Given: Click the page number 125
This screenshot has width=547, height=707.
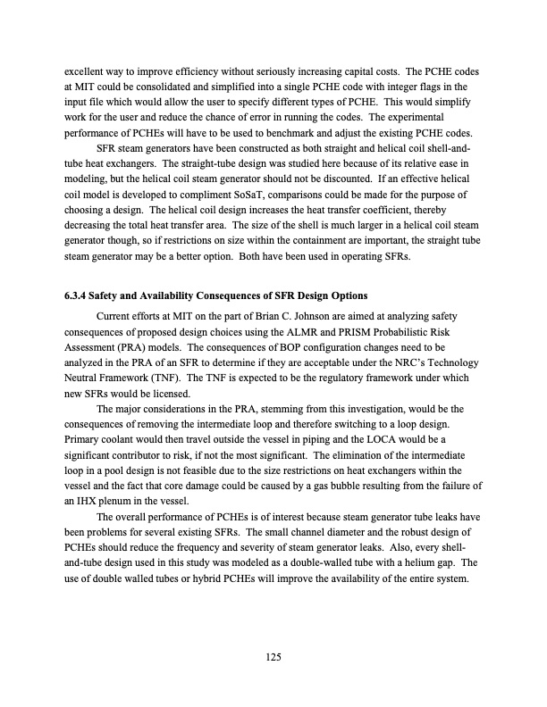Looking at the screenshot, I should (x=273, y=658).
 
